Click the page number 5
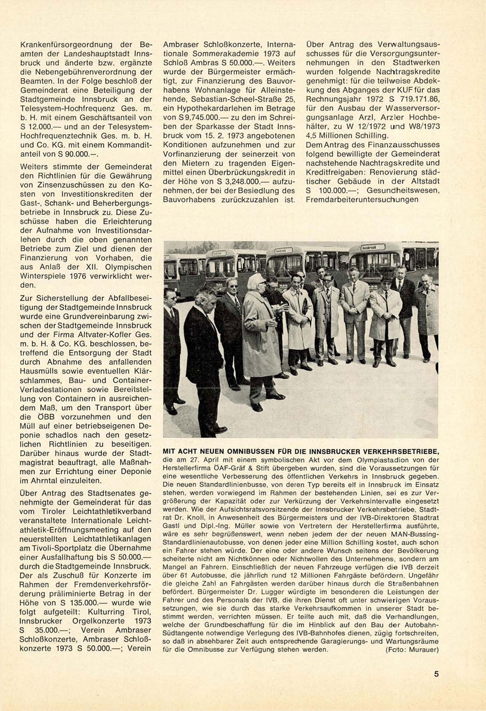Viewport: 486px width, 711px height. click(x=436, y=674)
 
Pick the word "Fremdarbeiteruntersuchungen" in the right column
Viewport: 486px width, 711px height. click(x=362, y=200)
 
